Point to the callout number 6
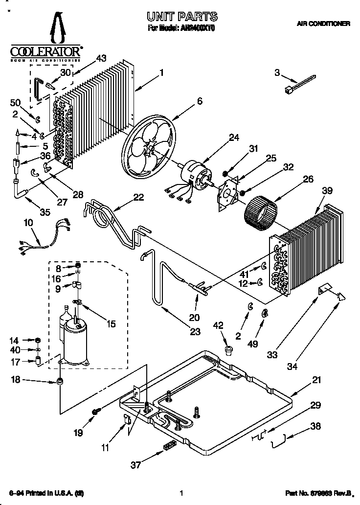199,101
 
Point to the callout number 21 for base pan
317,380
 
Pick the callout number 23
195,332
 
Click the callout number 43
101,58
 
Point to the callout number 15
112,323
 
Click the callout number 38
315,426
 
